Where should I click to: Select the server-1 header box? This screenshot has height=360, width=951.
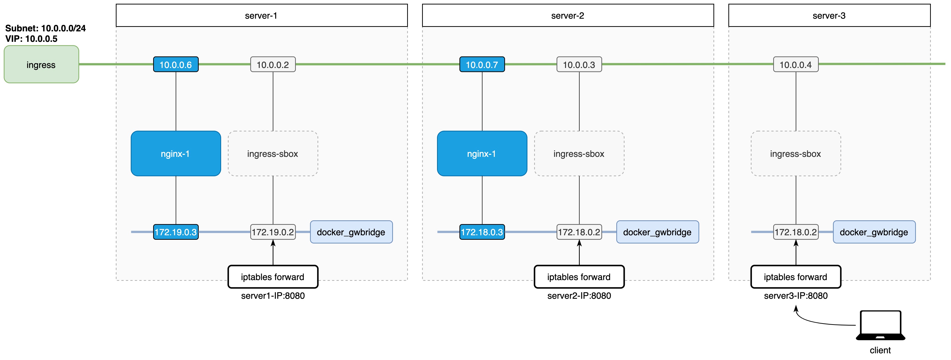tap(261, 15)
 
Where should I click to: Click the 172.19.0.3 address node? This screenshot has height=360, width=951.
tap(176, 232)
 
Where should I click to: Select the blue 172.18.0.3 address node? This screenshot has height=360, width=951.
tap(482, 232)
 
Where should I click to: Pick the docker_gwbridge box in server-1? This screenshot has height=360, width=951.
tap(351, 232)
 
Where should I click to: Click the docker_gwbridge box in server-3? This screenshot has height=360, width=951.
tap(874, 232)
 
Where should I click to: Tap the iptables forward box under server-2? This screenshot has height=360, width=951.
tap(579, 277)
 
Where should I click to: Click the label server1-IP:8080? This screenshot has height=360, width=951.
tap(273, 296)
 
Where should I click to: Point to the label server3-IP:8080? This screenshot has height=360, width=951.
tap(796, 296)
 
